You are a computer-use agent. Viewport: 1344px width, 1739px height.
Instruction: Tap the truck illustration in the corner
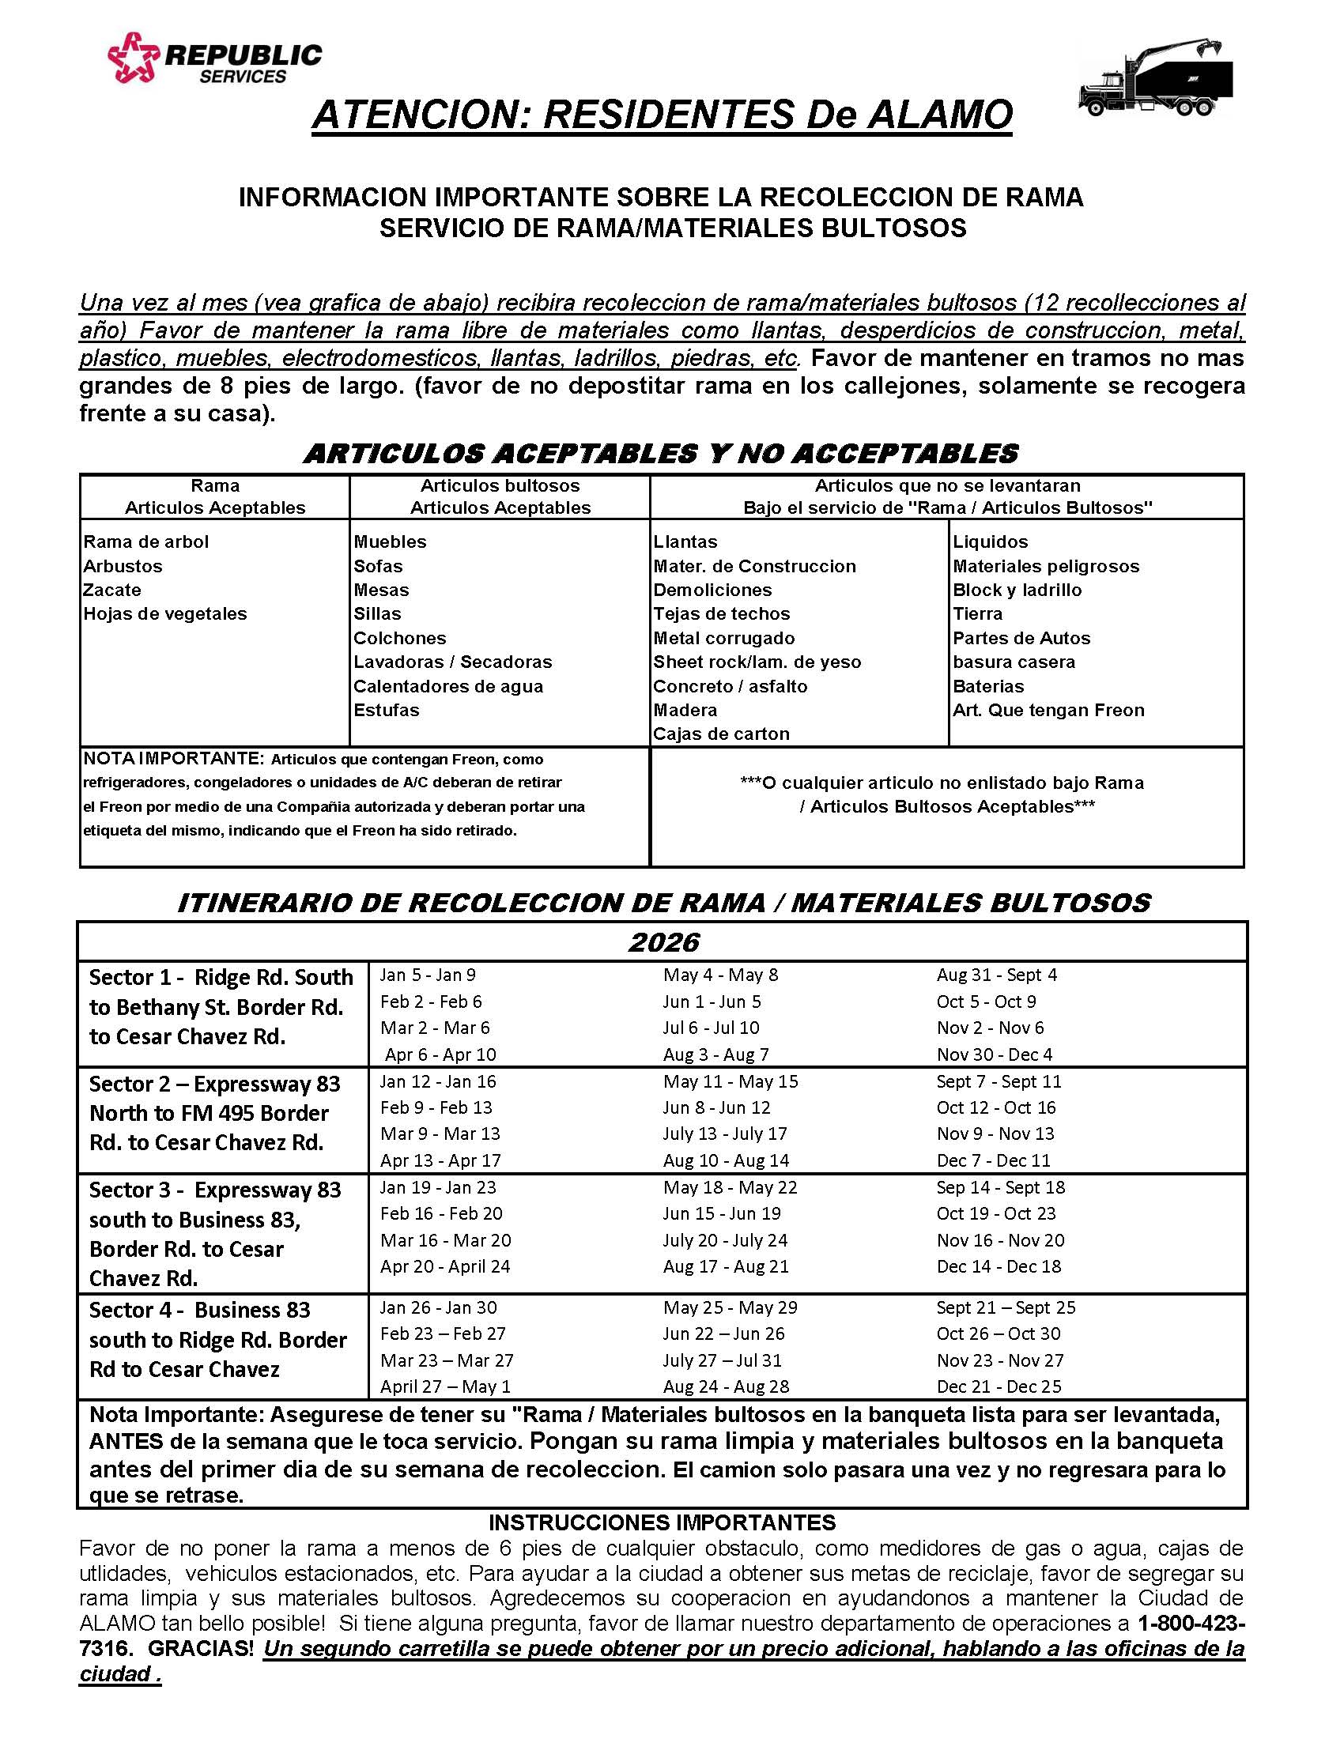[x=1155, y=79]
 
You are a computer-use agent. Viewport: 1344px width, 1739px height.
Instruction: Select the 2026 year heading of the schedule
[x=663, y=943]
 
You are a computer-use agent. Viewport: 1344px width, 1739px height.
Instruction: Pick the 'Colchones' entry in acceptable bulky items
[x=400, y=638]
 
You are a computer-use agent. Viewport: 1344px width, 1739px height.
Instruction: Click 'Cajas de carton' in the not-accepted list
[x=720, y=734]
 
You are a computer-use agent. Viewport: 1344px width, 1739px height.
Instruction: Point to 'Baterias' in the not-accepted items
[x=988, y=685]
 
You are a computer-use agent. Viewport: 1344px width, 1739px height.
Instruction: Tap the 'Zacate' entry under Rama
[x=112, y=590]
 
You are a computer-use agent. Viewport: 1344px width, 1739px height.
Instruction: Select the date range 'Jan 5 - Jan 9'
[x=428, y=975]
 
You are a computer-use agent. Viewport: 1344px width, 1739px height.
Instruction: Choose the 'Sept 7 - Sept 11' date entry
[x=999, y=1081]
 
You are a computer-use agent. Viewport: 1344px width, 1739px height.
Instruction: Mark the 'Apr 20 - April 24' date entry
[x=444, y=1266]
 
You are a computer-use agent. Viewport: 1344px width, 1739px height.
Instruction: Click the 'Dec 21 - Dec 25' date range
[x=999, y=1386]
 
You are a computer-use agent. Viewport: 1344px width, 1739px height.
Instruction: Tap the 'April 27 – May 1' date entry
[x=444, y=1386]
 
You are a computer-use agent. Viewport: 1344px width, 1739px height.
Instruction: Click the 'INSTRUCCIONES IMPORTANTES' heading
[x=662, y=1522]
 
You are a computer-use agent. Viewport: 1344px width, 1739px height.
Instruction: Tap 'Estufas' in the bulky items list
[x=386, y=710]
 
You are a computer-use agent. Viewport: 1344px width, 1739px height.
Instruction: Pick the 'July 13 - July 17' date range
[x=724, y=1134]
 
